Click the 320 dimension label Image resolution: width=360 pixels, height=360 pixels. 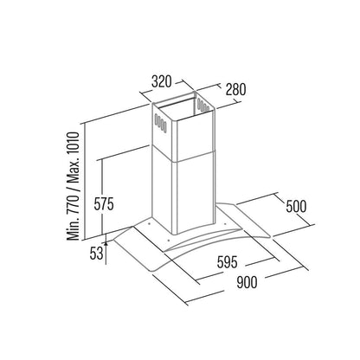coord(162,81)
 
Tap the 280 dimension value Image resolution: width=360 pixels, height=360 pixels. coord(235,89)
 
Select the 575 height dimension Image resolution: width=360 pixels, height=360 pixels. coord(104,204)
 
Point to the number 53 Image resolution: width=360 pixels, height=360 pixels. coord(96,254)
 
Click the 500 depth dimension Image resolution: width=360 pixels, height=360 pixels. coord(296,206)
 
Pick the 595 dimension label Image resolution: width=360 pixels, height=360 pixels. coord(228,262)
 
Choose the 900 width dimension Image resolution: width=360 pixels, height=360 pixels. coord(247,282)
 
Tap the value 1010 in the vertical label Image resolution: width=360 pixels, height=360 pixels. coord(73,145)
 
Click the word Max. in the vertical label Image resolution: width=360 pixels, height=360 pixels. coord(73,172)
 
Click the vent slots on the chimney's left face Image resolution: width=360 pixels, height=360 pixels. coord(160,123)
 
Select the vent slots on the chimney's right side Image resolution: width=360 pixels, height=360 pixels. coord(203,106)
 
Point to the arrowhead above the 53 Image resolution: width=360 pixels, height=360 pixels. coord(106,244)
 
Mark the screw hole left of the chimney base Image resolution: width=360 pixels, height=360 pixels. coord(149,223)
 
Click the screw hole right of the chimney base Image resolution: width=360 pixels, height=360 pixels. coord(224,222)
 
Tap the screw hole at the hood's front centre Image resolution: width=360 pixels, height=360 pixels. coord(169,239)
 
